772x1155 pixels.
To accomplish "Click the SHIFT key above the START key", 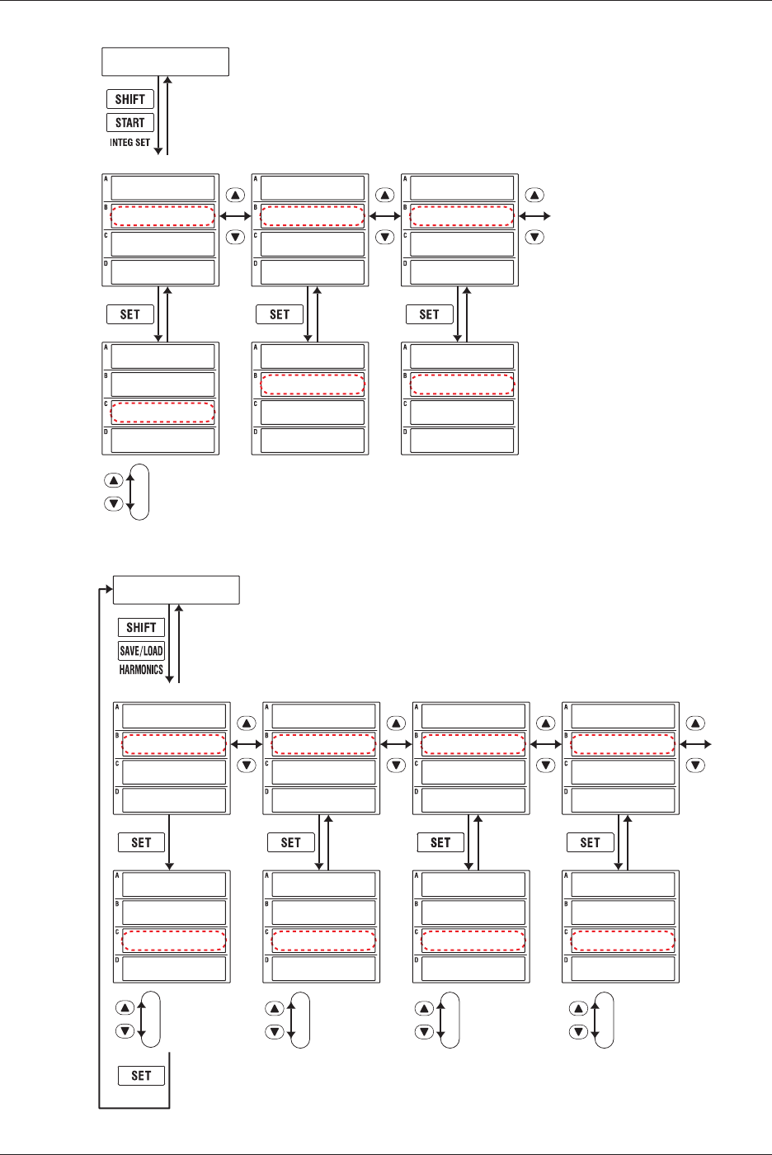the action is pyautogui.click(x=130, y=99).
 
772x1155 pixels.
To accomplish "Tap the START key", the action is pyautogui.click(x=130, y=123).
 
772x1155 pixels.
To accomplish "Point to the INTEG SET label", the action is pyautogui.click(x=129, y=143).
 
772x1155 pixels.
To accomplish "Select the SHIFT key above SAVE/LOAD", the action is pyautogui.click(x=141, y=627).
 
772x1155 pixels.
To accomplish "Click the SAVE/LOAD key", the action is pyautogui.click(x=141, y=650).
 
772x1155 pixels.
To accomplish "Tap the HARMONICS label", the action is pyautogui.click(x=141, y=670).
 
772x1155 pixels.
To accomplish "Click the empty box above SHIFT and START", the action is pyautogui.click(x=165, y=62).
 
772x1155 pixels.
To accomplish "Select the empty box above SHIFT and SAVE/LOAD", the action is pyautogui.click(x=176, y=590).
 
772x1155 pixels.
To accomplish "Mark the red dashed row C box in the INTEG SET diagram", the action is pyautogui.click(x=162, y=412).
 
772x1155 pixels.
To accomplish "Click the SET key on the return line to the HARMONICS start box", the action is pyautogui.click(x=141, y=1075).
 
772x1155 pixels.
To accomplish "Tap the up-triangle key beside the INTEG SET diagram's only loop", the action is pyautogui.click(x=114, y=480).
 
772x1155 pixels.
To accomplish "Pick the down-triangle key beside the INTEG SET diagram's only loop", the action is pyautogui.click(x=114, y=503).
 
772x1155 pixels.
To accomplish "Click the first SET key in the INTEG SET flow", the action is pyautogui.click(x=130, y=314).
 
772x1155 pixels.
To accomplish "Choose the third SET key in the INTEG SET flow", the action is pyautogui.click(x=429, y=314).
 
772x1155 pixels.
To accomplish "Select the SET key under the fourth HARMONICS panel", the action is pyautogui.click(x=590, y=842).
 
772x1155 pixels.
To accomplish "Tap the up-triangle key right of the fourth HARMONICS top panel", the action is pyautogui.click(x=696, y=724).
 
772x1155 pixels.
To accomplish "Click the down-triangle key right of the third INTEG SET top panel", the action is pyautogui.click(x=535, y=237).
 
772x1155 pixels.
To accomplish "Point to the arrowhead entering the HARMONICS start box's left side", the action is pyautogui.click(x=107, y=590).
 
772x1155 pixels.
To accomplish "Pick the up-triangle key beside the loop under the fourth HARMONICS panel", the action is pyautogui.click(x=579, y=1008).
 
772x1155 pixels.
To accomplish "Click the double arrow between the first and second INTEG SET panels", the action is pyautogui.click(x=235, y=216).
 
